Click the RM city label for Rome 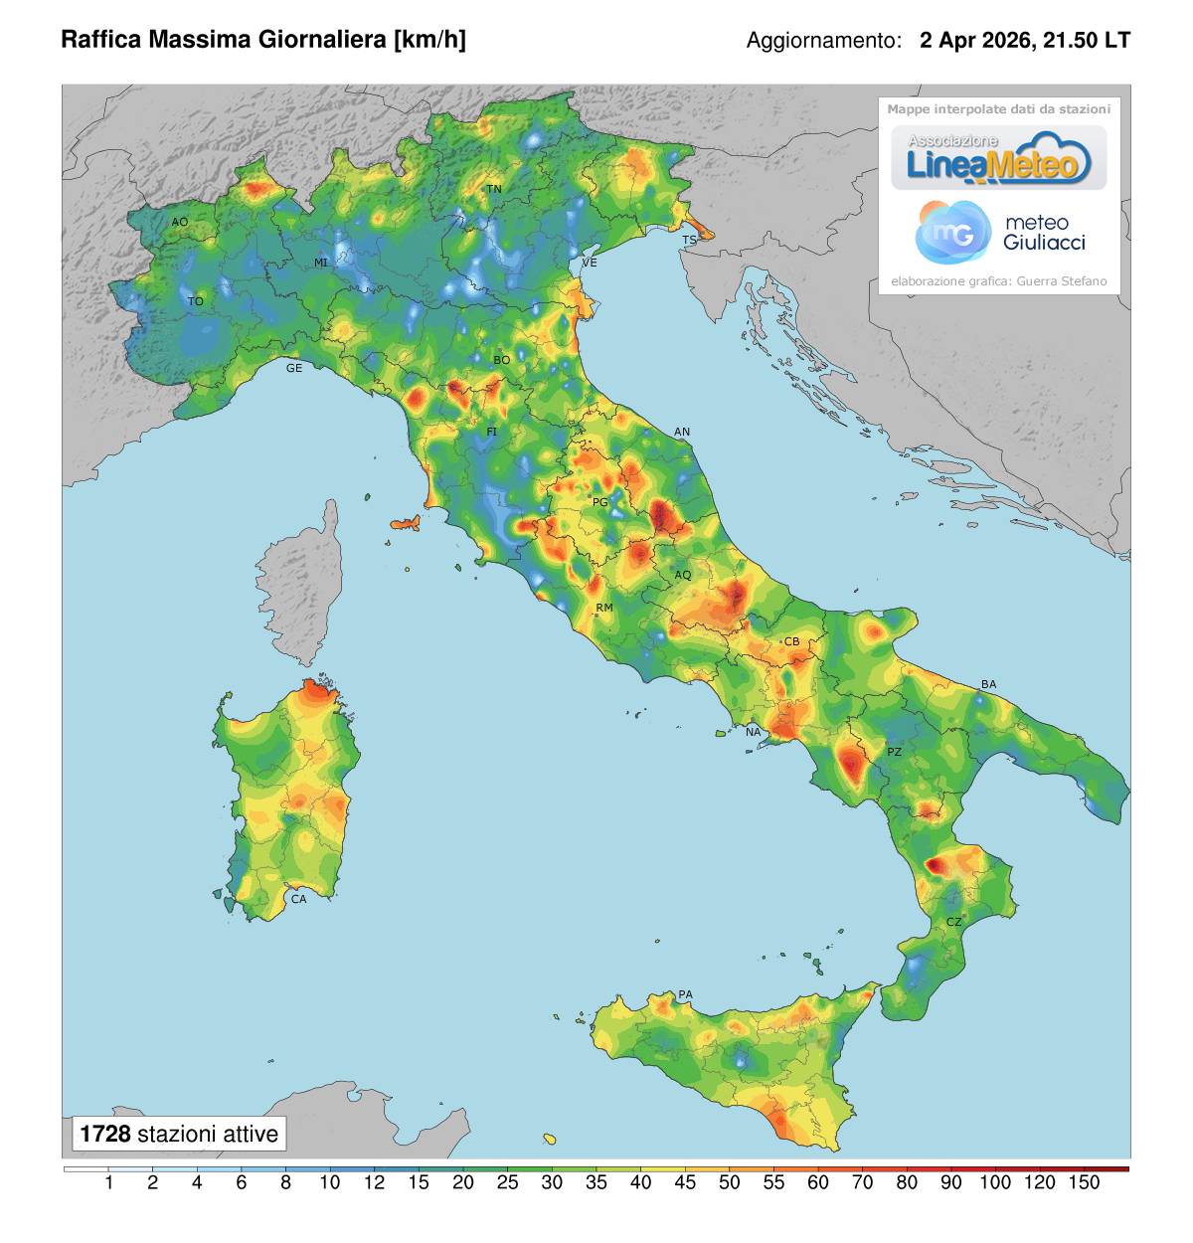[x=603, y=608]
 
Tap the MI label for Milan [x=320, y=263]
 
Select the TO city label [x=196, y=301]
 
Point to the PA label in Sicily [x=685, y=994]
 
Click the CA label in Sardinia [x=298, y=899]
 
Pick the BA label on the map [x=988, y=684]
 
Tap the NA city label [x=753, y=732]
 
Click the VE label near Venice [x=590, y=263]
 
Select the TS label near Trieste [x=689, y=241]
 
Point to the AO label [x=179, y=222]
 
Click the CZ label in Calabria [x=953, y=922]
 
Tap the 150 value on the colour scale [x=1084, y=1182]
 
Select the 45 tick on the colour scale [x=685, y=1182]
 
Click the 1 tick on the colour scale [x=108, y=1182]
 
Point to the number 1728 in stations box [x=104, y=1134]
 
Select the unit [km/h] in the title [x=429, y=40]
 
